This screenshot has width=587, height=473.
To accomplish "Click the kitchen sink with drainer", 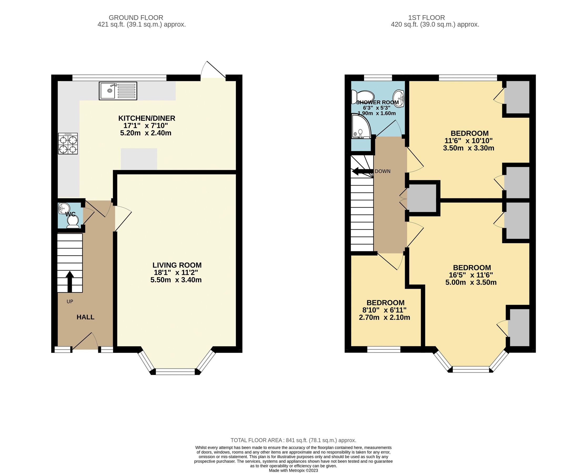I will (118, 91).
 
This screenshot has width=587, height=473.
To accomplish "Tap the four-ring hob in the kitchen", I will (68, 143).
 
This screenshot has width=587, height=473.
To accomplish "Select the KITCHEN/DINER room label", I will (146, 118).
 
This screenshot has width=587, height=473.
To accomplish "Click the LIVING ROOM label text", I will (177, 265).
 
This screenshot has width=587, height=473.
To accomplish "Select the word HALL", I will (85, 317).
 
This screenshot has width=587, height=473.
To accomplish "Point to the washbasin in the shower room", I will (398, 96).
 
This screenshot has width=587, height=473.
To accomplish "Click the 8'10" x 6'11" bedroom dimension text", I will (384, 310).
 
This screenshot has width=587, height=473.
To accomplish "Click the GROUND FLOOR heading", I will (136, 18).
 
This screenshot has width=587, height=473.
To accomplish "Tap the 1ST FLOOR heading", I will (426, 18).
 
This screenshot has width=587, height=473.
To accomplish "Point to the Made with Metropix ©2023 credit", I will (293, 470).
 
